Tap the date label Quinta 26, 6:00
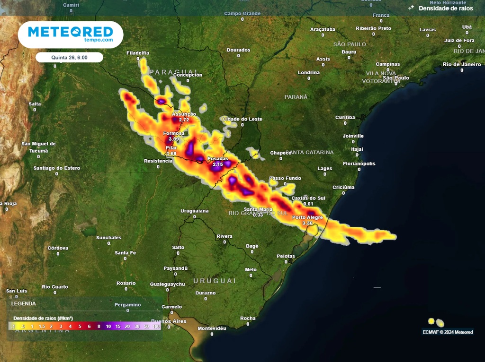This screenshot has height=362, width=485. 70,57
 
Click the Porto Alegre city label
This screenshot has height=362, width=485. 307,217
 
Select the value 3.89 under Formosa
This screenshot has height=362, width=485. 174,139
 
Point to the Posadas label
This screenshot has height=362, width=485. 217,158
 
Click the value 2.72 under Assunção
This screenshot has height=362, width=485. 184,120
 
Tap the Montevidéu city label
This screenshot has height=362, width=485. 212,328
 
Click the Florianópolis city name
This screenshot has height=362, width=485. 359,164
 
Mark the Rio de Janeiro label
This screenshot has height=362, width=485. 462,64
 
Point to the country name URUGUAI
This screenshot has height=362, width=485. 215,281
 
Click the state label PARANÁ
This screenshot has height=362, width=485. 296,97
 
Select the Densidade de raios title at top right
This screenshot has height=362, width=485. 446,9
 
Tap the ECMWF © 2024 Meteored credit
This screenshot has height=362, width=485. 448,332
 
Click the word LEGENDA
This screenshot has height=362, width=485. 23,303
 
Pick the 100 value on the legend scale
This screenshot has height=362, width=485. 156,327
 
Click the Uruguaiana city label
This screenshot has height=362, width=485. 195,211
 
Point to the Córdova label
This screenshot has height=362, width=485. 58,248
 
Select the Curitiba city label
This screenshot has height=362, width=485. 345,117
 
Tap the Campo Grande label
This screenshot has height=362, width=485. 242,14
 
